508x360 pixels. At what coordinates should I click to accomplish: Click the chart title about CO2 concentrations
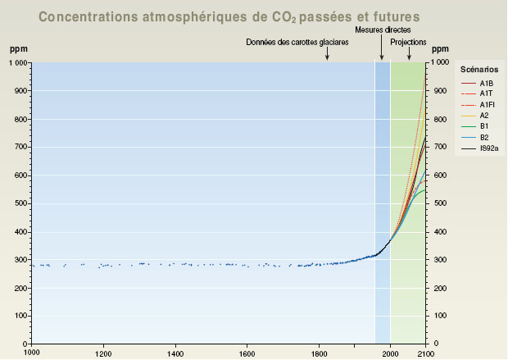point(229,16)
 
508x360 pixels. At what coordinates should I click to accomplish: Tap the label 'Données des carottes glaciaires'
point(297,42)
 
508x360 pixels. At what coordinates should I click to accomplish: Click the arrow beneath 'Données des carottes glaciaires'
point(327,54)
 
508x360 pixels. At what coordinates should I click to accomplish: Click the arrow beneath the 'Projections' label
point(410,54)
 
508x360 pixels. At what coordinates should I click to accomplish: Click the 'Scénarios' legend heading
point(479,70)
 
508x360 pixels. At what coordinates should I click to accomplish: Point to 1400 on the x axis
point(175,353)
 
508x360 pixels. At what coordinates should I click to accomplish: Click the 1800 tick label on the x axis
point(320,353)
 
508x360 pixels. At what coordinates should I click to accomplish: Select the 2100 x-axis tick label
point(425,353)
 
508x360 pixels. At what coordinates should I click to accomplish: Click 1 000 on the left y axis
point(16,62)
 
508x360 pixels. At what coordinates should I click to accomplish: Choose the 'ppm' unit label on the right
point(441,49)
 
